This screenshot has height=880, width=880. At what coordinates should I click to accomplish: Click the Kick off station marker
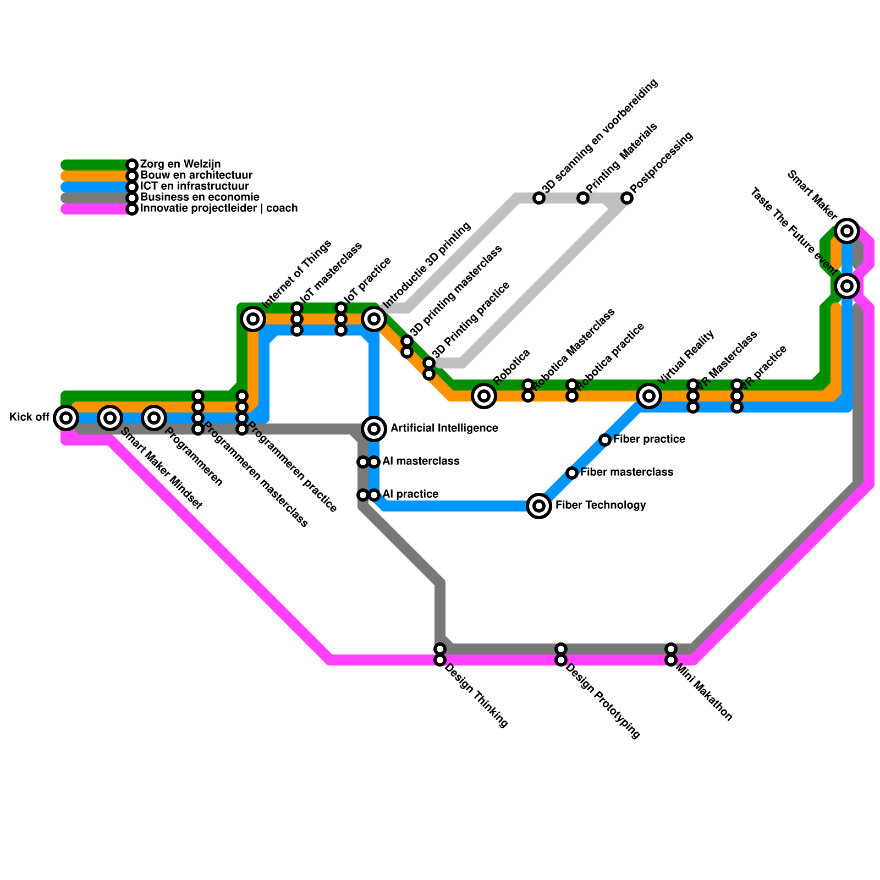point(66,418)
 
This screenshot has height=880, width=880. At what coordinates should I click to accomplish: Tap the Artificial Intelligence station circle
point(374,428)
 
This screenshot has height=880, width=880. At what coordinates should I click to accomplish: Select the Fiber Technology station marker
point(539,505)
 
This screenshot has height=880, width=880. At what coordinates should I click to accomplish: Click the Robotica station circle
point(484,395)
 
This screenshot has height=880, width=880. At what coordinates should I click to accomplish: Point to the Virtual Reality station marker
point(649,395)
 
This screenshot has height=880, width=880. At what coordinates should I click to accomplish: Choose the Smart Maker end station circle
point(847,231)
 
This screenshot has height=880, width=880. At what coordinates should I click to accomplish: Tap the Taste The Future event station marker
point(847,286)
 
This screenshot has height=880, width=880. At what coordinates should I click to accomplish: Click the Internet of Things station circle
point(253,318)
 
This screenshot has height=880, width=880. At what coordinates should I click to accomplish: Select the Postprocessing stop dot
point(627,198)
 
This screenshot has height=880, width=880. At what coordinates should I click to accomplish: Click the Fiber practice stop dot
point(605,439)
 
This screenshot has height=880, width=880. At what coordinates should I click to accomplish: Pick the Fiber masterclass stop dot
point(572,472)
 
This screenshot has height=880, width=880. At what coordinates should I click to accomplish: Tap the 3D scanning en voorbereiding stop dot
point(539,198)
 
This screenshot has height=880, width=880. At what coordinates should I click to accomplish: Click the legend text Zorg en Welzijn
point(180,164)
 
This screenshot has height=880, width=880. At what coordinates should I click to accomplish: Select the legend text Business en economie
point(200,197)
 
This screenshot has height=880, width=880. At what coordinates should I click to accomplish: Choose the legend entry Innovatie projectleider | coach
point(219,208)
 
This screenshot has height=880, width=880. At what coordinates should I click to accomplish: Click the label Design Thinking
point(476,696)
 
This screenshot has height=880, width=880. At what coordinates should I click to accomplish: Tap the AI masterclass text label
point(421,461)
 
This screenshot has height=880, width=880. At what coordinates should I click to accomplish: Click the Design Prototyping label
point(603,701)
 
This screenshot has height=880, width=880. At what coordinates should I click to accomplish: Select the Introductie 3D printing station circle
point(374,318)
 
